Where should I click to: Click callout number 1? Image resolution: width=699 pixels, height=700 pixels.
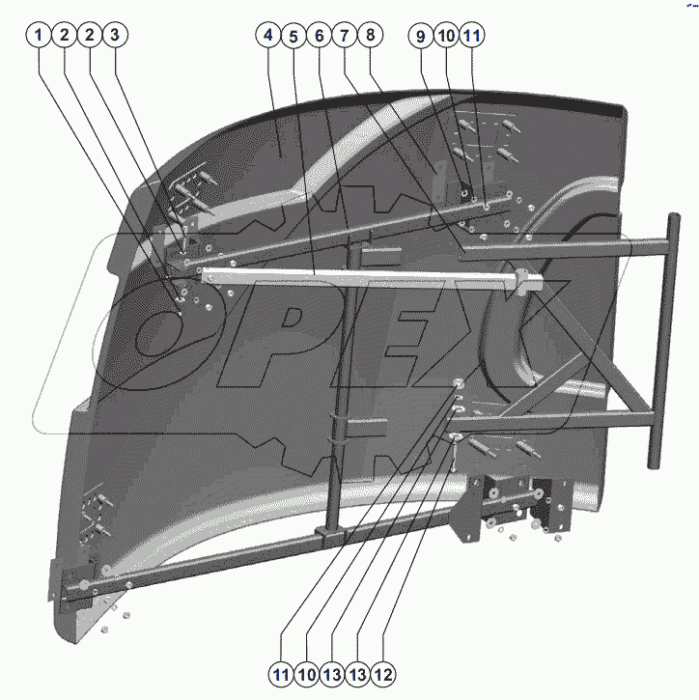pyautogui.click(x=39, y=36)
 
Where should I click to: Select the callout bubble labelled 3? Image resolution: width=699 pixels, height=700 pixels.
pyautogui.click(x=114, y=36)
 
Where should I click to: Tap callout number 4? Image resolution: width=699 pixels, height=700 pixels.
pyautogui.click(x=269, y=36)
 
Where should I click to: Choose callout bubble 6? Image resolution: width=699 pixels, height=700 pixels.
pyautogui.click(x=320, y=36)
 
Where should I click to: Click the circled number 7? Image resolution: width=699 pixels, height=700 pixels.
pyautogui.click(x=345, y=36)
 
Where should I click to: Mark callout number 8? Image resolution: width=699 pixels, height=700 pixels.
pyautogui.click(x=370, y=36)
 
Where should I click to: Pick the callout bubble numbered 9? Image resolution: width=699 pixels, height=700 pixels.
pyautogui.click(x=420, y=36)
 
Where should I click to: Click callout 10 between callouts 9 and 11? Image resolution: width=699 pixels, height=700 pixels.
pyautogui.click(x=445, y=36)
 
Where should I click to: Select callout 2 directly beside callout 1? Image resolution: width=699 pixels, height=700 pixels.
pyautogui.click(x=64, y=36)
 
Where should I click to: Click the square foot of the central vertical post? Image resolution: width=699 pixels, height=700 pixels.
pyautogui.click(x=330, y=533)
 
